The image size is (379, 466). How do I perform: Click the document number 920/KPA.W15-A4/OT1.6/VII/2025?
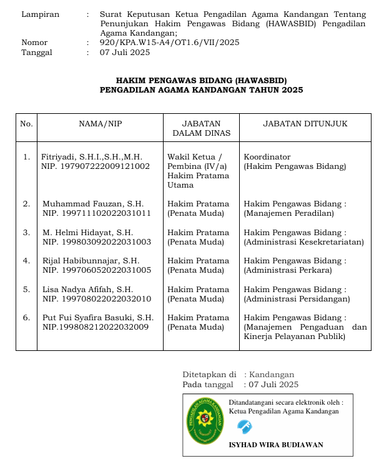pos(169,43)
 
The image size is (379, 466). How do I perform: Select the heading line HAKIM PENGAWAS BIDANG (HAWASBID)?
pos(201,80)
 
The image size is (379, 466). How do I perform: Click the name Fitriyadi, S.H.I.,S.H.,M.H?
pos(92,156)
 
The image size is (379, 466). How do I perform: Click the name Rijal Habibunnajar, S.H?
pos(91,260)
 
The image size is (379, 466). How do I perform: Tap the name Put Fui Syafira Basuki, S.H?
pos(97,317)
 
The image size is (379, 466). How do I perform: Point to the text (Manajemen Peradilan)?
pos(289,213)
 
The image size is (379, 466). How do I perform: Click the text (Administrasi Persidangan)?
pos(297,298)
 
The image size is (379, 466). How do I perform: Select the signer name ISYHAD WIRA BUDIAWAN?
pos(276,445)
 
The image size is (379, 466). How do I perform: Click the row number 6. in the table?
pos(26,317)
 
